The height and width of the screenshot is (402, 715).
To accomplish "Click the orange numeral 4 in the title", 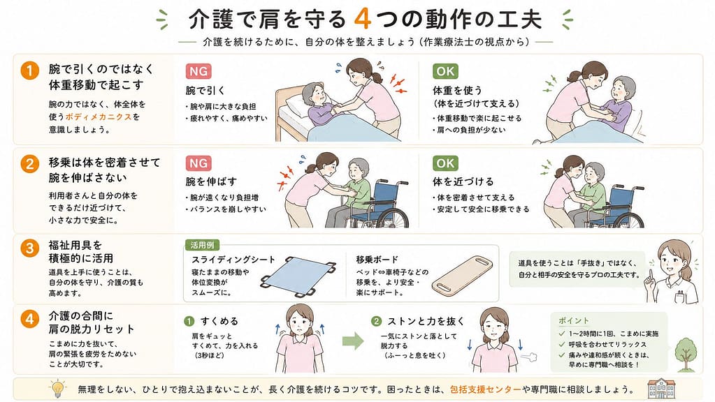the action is pos(363,19).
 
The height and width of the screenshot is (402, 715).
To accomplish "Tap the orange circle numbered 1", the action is pos(29,70).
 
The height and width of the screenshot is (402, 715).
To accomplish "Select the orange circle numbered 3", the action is pos(29,248).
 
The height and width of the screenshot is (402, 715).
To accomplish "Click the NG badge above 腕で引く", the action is pos(198,71).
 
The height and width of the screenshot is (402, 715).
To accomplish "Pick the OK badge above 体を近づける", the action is pos(445,163).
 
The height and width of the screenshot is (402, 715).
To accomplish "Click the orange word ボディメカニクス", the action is pos(99,117).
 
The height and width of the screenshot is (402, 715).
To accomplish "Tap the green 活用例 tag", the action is pos(202,245).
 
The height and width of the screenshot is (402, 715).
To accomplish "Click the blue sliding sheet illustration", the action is pos(298,276).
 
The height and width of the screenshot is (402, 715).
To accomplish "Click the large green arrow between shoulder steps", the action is pos(353,341).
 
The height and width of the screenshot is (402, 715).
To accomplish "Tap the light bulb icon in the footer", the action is pos(57,389).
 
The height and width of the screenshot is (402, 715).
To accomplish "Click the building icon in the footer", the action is pos(661,388).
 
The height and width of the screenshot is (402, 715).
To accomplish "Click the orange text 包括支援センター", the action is pos(485,389).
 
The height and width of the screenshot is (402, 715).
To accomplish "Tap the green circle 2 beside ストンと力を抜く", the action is pos(376,322).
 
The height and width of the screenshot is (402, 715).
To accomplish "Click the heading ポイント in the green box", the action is pos(574,320).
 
